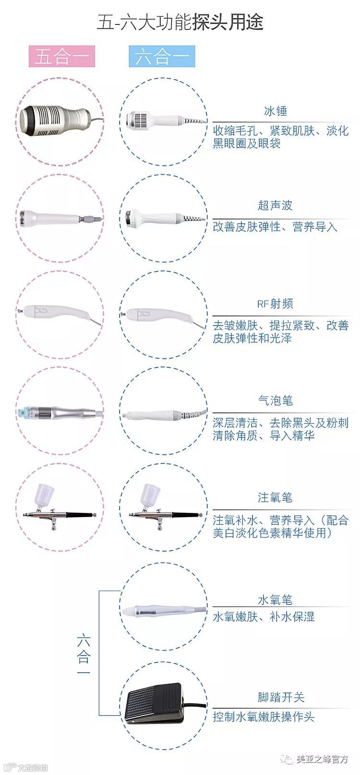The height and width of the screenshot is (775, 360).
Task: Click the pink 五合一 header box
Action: click(x=62, y=56)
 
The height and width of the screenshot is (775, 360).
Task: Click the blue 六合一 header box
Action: click(x=162, y=56)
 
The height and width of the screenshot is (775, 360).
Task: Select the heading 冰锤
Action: click(x=276, y=111)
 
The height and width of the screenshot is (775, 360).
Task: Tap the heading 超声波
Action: click(x=275, y=206)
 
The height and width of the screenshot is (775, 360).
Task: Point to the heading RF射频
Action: click(x=275, y=304)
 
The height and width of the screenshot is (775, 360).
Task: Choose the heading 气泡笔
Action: click(x=276, y=400)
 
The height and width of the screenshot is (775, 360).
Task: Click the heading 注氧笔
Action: click(x=275, y=497)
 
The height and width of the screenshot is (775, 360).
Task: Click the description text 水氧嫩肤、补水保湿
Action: click(x=264, y=617)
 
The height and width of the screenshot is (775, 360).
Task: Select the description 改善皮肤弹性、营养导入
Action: click(x=275, y=227)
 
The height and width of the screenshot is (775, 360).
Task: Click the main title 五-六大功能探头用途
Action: click(x=180, y=22)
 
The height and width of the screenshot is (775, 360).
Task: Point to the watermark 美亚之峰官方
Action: click(x=322, y=759)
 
